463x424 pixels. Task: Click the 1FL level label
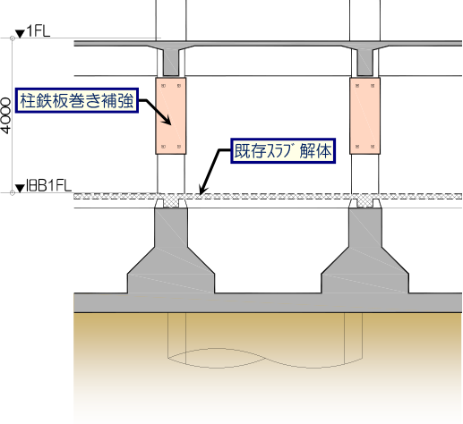pyautogui.click(x=39, y=31)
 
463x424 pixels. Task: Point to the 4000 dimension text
pyautogui.click(x=6, y=116)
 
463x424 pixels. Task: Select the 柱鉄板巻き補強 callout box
pyautogui.click(x=77, y=100)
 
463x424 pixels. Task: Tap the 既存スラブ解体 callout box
pyautogui.click(x=283, y=151)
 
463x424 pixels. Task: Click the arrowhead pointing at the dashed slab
pyautogui.click(x=202, y=191)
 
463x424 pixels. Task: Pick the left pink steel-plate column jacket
pyautogui.click(x=171, y=115)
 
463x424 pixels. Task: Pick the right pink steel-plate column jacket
pyautogui.click(x=364, y=115)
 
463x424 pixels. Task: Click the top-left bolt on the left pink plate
pyautogui.click(x=163, y=86)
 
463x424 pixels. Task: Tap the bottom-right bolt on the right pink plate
pyautogui.click(x=373, y=147)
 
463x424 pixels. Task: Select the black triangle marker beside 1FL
pyautogui.click(x=20, y=34)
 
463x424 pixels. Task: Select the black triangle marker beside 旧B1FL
pyautogui.click(x=20, y=189)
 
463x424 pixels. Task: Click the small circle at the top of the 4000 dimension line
pyautogui.click(x=13, y=38)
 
